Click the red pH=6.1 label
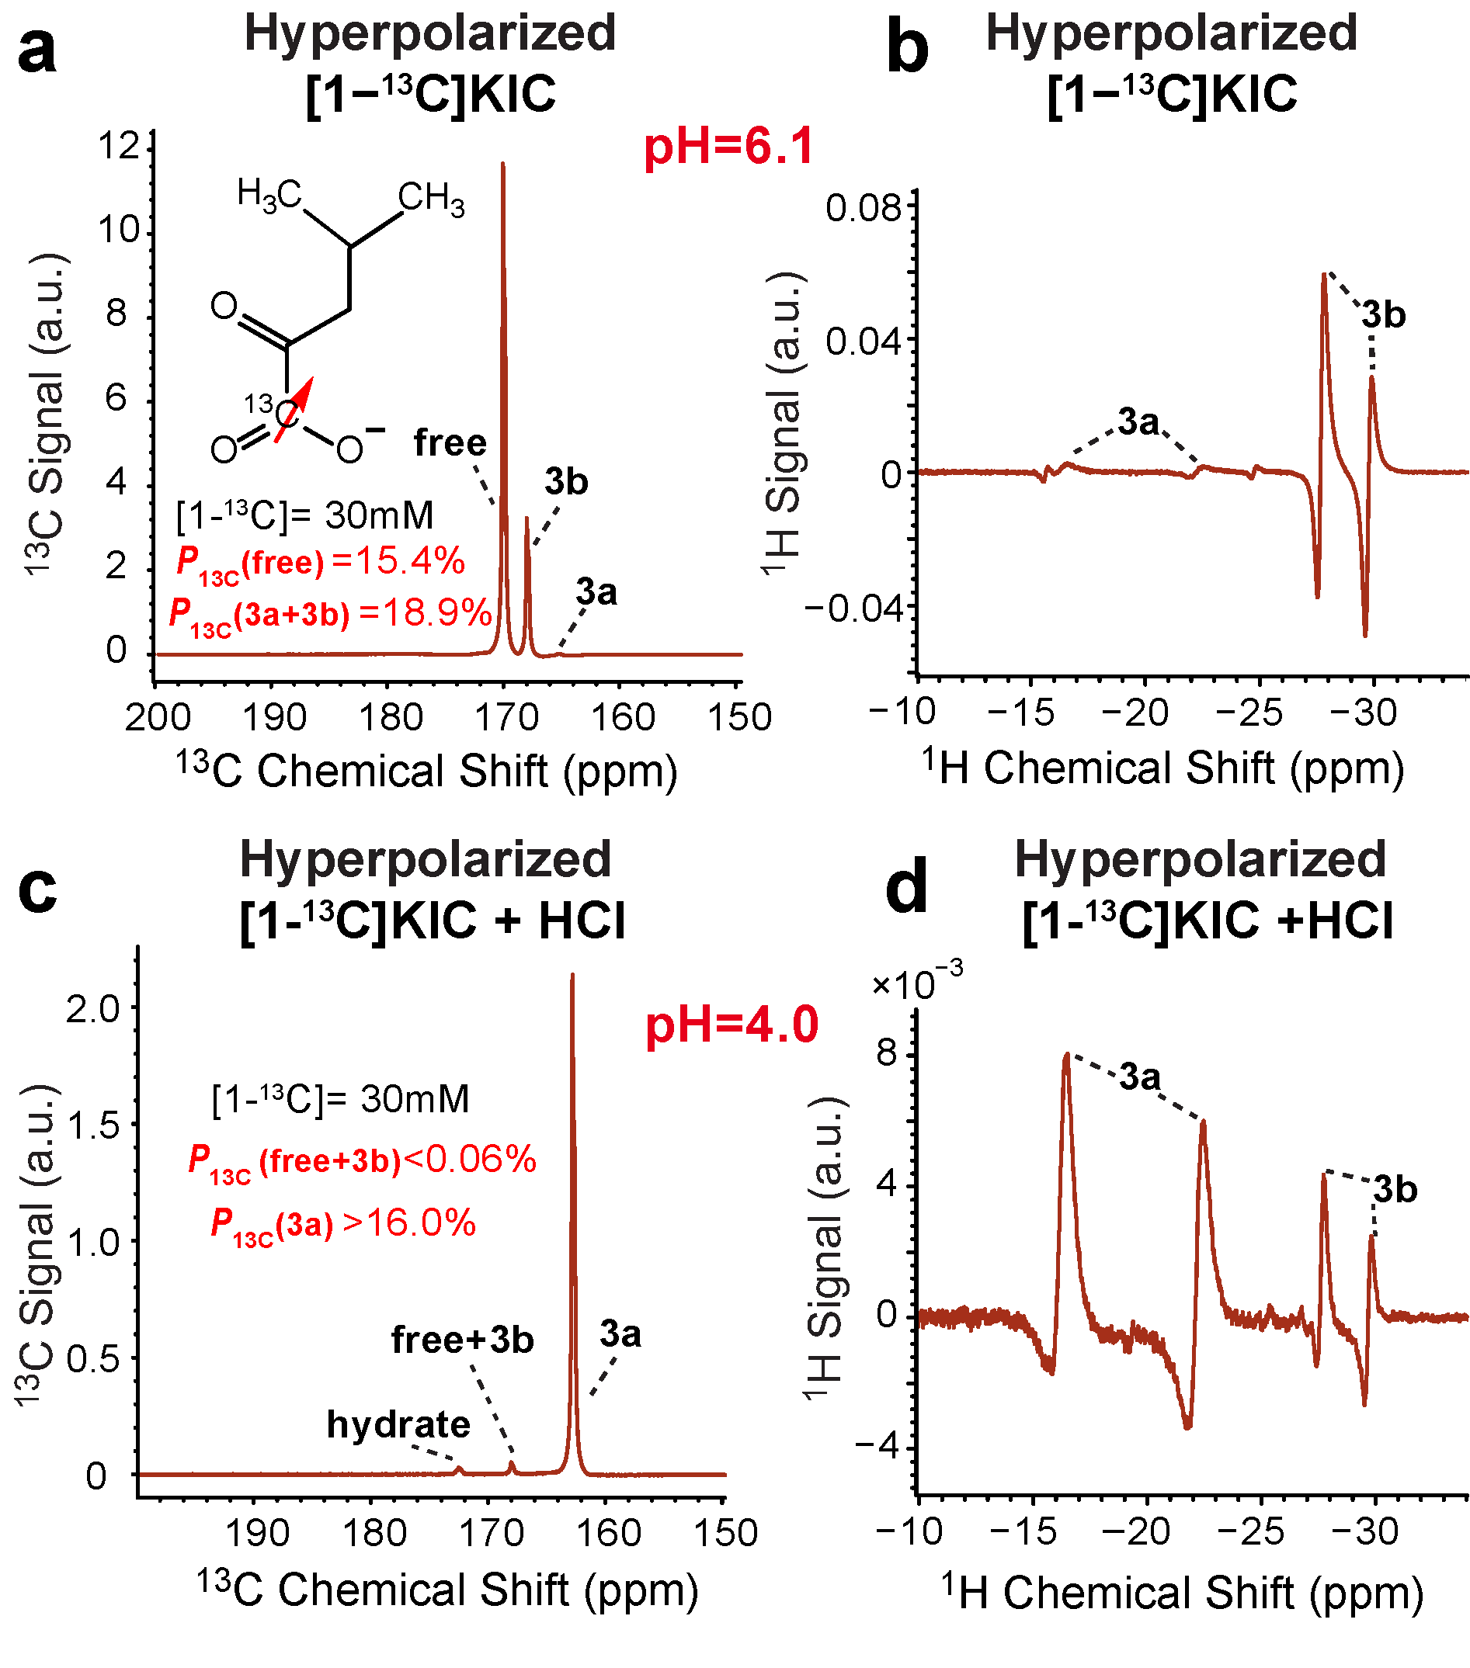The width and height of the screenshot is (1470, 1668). click(729, 147)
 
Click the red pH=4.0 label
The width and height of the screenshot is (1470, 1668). click(732, 1025)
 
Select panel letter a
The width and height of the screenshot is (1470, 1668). click(37, 51)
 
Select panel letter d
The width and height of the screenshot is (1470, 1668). click(907, 888)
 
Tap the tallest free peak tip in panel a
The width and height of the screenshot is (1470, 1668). click(502, 165)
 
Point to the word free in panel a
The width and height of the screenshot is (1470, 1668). click(450, 443)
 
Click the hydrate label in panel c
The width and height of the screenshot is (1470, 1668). click(398, 1424)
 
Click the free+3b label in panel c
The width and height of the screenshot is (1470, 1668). click(462, 1339)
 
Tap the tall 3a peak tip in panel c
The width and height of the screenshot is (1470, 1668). click(572, 976)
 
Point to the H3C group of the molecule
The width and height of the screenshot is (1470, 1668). click(269, 196)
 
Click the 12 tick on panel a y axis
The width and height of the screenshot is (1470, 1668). click(118, 147)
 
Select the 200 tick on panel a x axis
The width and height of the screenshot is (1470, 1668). click(157, 717)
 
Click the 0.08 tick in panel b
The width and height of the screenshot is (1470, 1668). click(862, 208)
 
